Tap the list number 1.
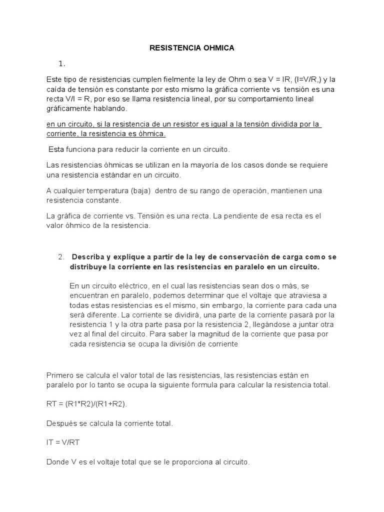click(x=62, y=63)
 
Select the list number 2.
click(x=61, y=257)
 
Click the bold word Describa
click(x=89, y=257)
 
